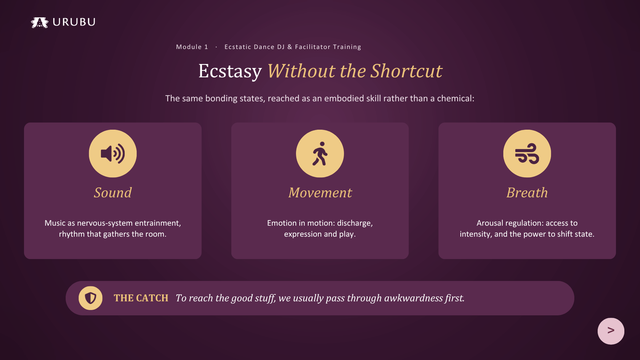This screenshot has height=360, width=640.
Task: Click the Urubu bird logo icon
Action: click(40, 22)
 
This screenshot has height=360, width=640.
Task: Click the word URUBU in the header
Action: click(74, 22)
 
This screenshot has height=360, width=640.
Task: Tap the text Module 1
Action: click(192, 47)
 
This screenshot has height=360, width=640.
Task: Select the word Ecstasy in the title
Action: click(230, 71)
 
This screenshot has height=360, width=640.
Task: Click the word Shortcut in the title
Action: click(407, 71)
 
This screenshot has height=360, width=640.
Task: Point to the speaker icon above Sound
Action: click(113, 154)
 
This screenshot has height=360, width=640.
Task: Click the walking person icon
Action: click(320, 154)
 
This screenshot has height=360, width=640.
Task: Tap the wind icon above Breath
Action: click(527, 154)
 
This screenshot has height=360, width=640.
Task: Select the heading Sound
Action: click(113, 193)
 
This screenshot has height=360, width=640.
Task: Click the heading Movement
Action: click(320, 193)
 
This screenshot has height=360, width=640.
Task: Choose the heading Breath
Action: click(527, 193)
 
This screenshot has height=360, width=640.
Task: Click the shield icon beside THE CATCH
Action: click(90, 298)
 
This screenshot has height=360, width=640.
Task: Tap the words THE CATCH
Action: click(141, 298)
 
